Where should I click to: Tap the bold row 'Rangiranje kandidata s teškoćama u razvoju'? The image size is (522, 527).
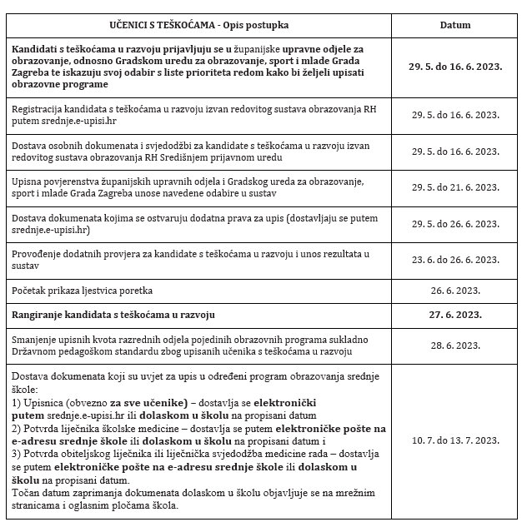[x=114, y=314]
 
